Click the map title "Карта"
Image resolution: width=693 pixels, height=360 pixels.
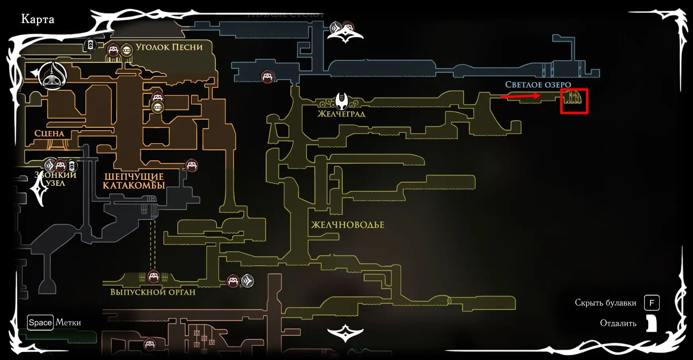[37, 19]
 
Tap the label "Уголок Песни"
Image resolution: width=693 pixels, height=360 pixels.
[169, 47]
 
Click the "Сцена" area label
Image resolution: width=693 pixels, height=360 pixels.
[49, 134]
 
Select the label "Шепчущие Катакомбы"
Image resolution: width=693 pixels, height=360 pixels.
[134, 181]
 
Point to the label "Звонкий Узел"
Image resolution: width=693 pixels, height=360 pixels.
[55, 179]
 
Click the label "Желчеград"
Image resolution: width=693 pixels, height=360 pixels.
[341, 114]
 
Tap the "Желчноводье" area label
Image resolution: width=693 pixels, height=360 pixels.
[347, 225]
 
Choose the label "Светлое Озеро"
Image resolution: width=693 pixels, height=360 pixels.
[538, 85]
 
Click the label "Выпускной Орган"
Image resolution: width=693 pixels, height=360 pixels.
[153, 292]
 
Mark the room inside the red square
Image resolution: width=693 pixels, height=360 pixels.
[574, 101]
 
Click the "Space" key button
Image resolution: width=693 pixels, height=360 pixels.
[40, 323]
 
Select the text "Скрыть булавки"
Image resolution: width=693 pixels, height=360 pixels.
[605, 303]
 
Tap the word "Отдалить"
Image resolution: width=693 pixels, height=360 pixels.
[618, 323]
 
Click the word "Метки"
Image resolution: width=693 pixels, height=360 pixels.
[68, 323]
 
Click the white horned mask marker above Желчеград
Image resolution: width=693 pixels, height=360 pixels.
[342, 101]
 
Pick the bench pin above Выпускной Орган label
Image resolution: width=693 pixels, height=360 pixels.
[153, 276]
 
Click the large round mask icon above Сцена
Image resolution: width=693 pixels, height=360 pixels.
[52, 75]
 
